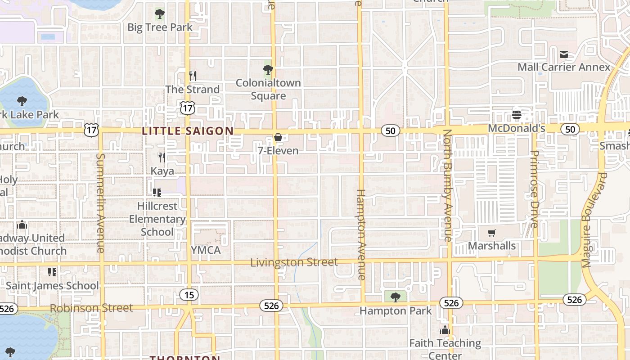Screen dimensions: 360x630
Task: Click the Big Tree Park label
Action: (160, 27)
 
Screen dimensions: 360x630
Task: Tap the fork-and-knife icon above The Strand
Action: (193, 76)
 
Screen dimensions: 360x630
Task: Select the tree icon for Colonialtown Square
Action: (268, 70)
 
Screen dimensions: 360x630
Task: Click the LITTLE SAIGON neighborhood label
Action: (188, 131)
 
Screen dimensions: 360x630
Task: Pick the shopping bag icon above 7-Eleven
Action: (278, 137)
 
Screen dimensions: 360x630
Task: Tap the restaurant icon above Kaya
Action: (162, 157)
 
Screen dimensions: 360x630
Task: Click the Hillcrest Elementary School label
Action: (157, 219)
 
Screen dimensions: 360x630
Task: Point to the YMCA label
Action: (206, 250)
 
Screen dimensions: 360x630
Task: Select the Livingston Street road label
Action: (294, 262)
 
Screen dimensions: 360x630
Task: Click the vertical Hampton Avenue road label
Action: (361, 234)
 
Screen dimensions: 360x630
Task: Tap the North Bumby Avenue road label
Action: (447, 185)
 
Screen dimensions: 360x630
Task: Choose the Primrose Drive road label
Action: (534, 189)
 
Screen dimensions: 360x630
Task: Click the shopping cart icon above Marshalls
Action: (492, 233)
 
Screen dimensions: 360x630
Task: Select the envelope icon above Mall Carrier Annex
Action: (563, 55)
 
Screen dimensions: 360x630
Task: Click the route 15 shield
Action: (189, 295)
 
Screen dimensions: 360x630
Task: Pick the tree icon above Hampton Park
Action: (396, 297)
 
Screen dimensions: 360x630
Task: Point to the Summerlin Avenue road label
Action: (100, 202)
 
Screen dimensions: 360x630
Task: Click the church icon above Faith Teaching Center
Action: (445, 330)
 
